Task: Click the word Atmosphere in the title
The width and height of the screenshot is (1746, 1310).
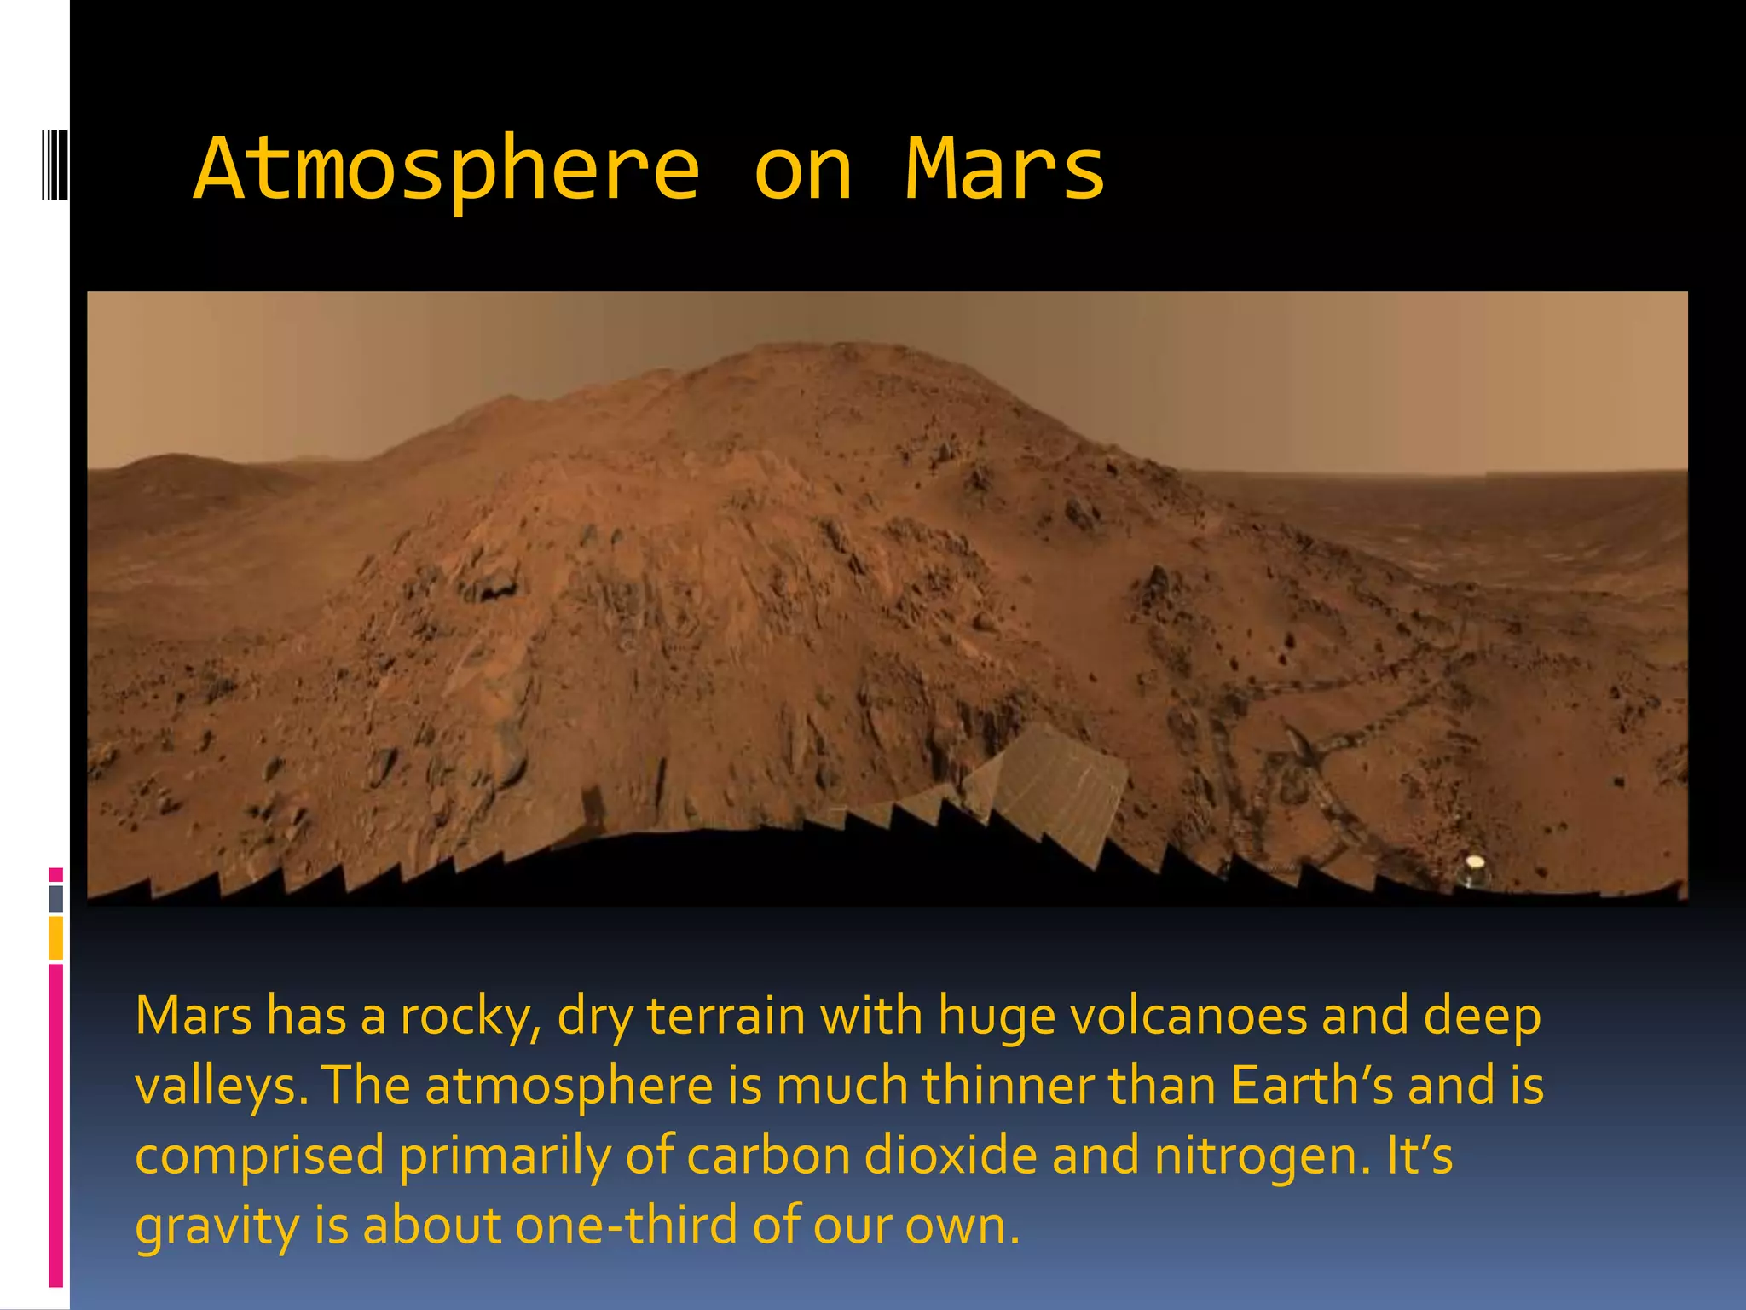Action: (447, 171)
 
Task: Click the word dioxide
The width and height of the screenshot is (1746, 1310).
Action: (951, 1156)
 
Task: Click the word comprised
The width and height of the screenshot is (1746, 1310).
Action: (259, 1157)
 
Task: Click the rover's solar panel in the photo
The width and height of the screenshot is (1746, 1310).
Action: (1061, 785)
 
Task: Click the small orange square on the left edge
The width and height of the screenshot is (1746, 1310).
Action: (56, 937)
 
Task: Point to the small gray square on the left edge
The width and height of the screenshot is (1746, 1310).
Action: (56, 898)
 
